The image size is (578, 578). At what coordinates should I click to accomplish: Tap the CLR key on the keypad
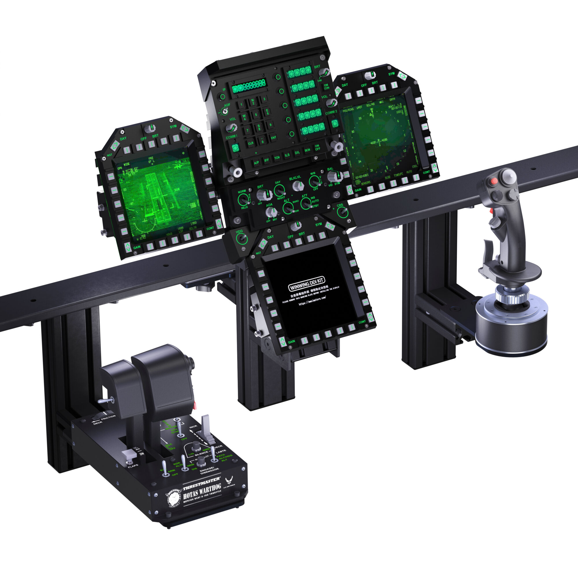point(251,143)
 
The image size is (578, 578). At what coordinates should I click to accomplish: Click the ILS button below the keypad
point(287,155)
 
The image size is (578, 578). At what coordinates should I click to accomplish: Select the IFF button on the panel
point(266,160)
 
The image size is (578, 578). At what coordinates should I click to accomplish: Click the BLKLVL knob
point(297,186)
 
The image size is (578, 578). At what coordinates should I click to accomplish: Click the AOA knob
point(271,212)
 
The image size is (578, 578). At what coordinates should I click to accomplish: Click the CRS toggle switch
point(342,212)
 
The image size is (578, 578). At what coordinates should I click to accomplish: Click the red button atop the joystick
point(494,181)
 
